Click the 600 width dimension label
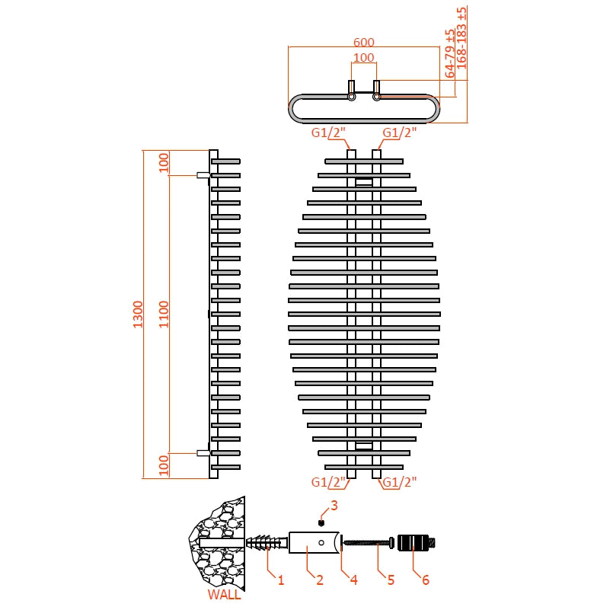click(x=364, y=43)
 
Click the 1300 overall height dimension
click(x=138, y=314)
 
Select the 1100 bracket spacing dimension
click(x=164, y=314)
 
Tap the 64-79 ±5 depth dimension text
click(x=450, y=53)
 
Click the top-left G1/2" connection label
click(x=329, y=133)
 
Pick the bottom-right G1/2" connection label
click(x=400, y=482)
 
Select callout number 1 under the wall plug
click(x=280, y=580)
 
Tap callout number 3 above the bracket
click(x=334, y=505)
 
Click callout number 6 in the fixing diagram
click(x=425, y=580)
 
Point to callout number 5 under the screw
click(x=391, y=580)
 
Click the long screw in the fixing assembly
click(x=366, y=543)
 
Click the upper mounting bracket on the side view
click(x=203, y=175)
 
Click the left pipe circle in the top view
click(x=352, y=97)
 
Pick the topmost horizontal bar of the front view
click(x=364, y=161)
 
